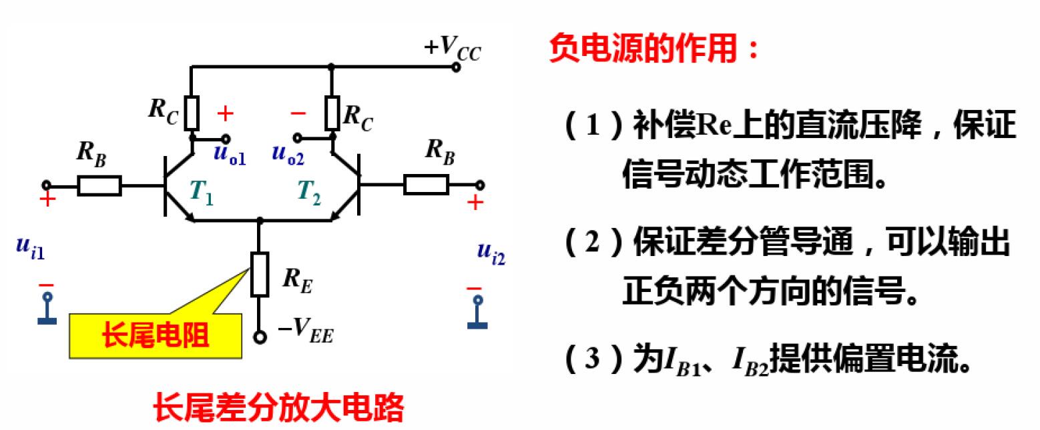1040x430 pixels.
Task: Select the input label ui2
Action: pyautogui.click(x=491, y=251)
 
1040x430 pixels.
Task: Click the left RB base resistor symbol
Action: pyautogui.click(x=99, y=185)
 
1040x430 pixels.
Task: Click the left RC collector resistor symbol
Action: pyautogui.click(x=192, y=113)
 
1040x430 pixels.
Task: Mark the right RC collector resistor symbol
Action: pyautogui.click(x=332, y=113)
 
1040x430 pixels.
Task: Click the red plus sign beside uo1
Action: pyautogui.click(x=226, y=114)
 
